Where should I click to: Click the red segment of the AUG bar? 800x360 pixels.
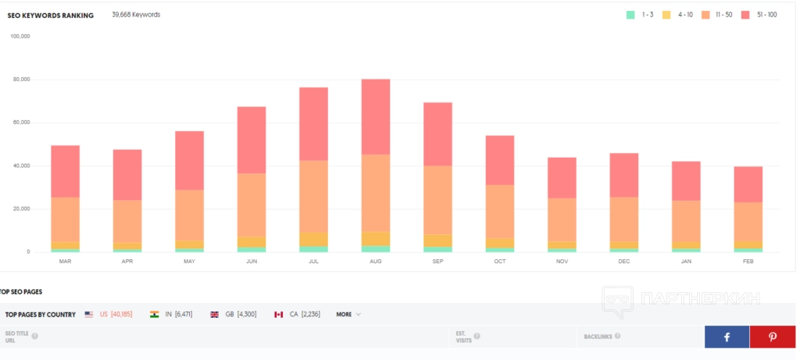click(376, 116)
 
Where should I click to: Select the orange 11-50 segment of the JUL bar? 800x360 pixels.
click(313, 196)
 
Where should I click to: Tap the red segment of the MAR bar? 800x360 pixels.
click(65, 171)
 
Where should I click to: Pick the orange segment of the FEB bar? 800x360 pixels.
click(748, 222)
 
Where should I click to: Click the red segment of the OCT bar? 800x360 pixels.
click(499, 160)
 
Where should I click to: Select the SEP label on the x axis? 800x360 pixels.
click(437, 262)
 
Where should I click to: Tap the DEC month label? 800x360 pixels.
click(623, 262)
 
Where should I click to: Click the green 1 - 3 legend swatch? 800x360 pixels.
click(630, 15)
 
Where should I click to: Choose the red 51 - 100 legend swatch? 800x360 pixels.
click(745, 15)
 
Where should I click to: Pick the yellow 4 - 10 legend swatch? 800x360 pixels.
click(666, 15)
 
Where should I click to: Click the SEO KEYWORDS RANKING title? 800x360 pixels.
click(51, 15)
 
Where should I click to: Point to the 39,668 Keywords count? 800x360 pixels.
click(136, 14)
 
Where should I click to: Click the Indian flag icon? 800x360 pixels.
click(154, 314)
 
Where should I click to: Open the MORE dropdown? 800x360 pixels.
click(348, 314)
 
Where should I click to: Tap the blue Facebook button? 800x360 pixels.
click(727, 337)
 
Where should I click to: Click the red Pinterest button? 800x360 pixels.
click(773, 337)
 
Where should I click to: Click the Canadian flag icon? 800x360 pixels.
click(278, 314)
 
